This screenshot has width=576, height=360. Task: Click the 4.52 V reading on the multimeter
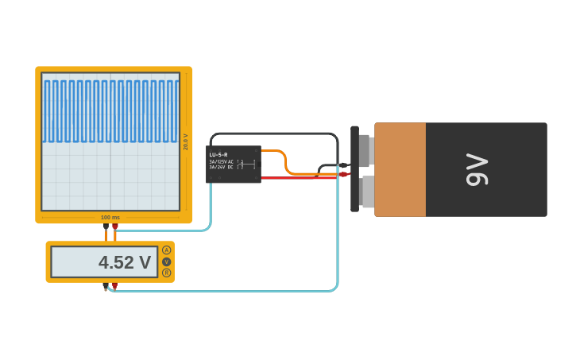tap(124, 262)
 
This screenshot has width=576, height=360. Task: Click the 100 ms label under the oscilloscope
tap(110, 217)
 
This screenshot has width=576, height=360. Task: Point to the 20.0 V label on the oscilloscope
tap(186, 141)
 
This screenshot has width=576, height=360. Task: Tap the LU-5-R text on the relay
tap(218, 154)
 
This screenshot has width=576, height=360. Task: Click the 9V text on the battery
tap(477, 169)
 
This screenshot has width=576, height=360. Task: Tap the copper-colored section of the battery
tap(400, 169)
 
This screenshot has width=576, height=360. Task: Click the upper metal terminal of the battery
tap(365, 150)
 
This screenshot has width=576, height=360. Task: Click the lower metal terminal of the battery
tap(366, 192)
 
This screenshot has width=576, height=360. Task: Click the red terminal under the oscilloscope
tap(115, 226)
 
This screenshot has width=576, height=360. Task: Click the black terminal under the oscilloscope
tap(106, 226)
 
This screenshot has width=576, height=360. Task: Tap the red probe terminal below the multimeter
tap(114, 286)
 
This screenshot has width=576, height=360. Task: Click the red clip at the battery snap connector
tap(343, 174)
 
